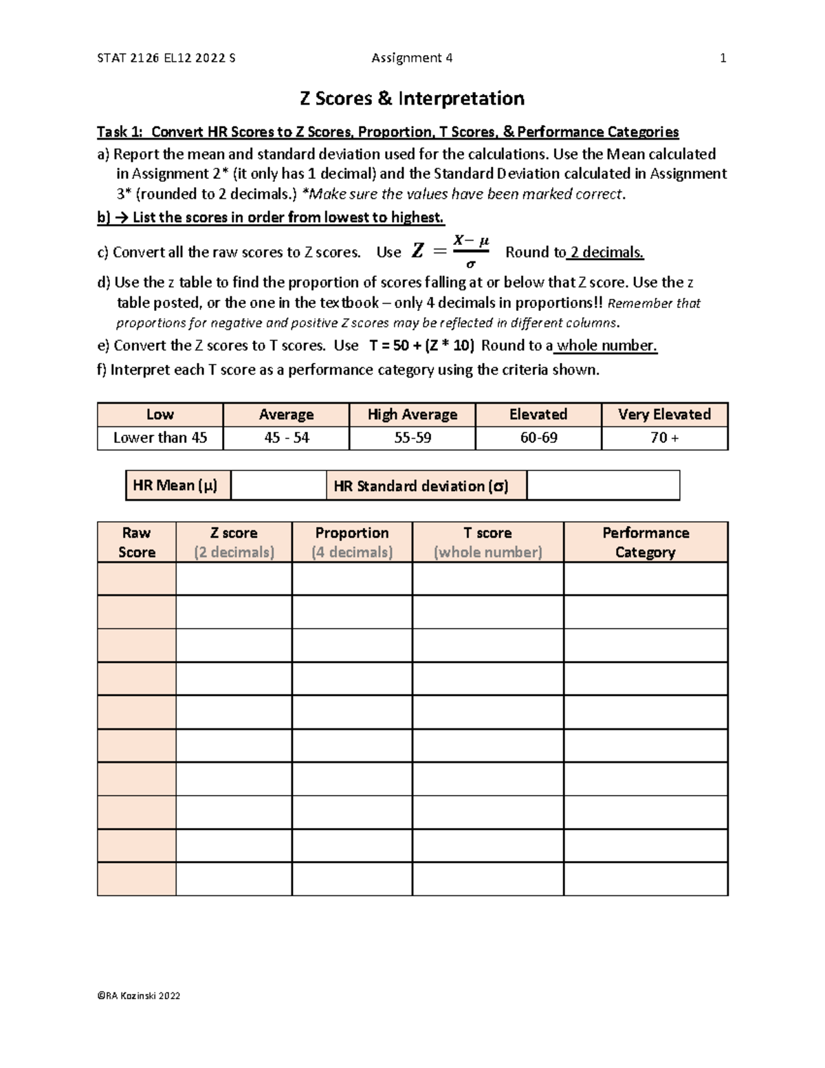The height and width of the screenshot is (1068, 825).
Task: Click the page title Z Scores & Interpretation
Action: point(412,99)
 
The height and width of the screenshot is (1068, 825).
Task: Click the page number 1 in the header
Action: point(723,58)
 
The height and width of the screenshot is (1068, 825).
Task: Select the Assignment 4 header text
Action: point(412,58)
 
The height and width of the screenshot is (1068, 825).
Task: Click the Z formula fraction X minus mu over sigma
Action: point(471,252)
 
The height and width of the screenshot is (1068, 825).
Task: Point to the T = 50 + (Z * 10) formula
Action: point(421,345)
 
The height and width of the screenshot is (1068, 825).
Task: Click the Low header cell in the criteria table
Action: point(159,415)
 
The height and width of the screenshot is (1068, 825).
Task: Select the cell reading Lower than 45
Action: point(159,438)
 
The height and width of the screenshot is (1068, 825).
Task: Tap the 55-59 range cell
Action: point(412,438)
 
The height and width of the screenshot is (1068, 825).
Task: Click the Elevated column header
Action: point(538,415)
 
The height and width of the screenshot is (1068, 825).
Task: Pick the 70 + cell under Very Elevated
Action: point(664,438)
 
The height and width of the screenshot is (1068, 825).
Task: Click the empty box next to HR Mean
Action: point(278,486)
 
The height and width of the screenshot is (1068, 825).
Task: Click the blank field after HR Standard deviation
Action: point(603,486)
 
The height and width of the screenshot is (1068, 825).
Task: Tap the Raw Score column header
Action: point(136,542)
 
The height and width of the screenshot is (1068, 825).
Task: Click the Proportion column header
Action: point(351,542)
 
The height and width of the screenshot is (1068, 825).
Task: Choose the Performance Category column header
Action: point(645,542)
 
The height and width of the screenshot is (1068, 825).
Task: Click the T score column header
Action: point(487,542)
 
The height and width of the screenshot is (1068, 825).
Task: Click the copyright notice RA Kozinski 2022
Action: point(139,996)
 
